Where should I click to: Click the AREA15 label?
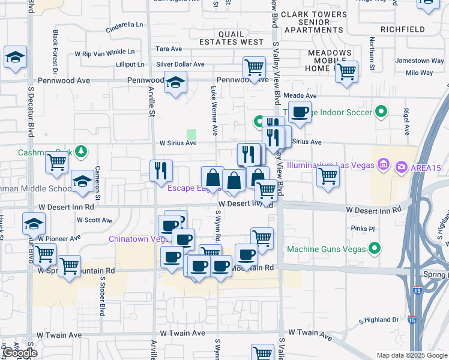pos(426,166)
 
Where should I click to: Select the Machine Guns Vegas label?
pos(327,248)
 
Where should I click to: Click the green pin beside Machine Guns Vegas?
pos(375,247)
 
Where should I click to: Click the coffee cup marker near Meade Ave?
pos(300,111)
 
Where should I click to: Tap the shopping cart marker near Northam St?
pos(346,71)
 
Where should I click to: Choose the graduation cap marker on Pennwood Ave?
pos(175,82)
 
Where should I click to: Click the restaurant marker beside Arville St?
pos(160,170)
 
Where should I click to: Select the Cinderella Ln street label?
pos(125,25)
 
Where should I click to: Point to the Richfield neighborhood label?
pos(403,29)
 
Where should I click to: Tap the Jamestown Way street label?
pos(420,61)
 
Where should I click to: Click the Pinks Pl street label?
pos(363,229)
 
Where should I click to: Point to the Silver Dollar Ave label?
pos(180,64)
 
